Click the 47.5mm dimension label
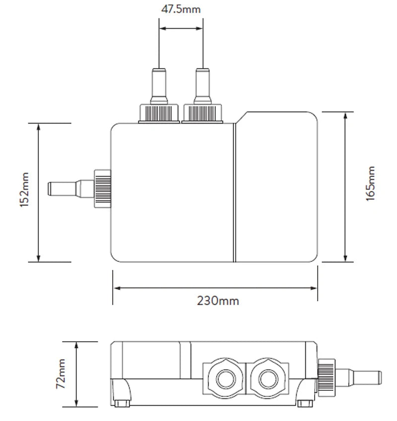click(x=181, y=9)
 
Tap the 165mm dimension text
click(x=371, y=184)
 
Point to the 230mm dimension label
click(x=218, y=301)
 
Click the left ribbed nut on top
click(x=158, y=113)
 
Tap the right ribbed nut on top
click(x=203, y=113)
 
